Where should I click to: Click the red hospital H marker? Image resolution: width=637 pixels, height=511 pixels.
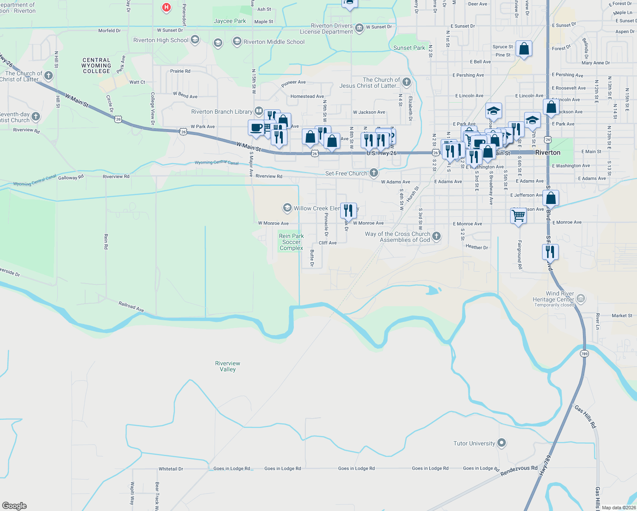coord(166,7)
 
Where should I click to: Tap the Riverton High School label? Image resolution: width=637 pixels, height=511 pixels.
coord(161,40)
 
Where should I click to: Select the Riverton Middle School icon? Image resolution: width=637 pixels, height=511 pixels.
coord(237,42)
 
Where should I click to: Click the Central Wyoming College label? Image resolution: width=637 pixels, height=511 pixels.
coord(96,66)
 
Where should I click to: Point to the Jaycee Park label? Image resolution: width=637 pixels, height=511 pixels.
coord(230,21)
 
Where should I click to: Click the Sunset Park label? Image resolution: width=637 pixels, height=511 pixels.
coord(409,48)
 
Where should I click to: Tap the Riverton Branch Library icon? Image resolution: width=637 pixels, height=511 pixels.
coord(258,112)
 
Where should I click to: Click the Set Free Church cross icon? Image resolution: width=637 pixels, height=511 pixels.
coord(374,172)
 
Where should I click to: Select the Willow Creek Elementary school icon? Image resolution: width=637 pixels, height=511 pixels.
coord(287,208)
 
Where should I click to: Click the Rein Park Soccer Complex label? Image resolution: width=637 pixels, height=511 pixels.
coord(291,242)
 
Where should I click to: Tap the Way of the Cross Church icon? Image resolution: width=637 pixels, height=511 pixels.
coord(436,236)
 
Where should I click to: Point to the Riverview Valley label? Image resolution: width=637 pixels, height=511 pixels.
coord(227,366)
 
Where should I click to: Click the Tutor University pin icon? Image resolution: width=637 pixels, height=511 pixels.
coord(502,443)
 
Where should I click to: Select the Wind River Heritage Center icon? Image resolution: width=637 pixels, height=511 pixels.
coord(581,299)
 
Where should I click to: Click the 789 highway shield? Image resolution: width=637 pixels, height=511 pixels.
coord(584,353)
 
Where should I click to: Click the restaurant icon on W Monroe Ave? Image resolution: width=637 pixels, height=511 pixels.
coord(348,210)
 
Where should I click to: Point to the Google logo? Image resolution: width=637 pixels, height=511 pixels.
coord(14,505)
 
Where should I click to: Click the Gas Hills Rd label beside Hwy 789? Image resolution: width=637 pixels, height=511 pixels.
coord(585,416)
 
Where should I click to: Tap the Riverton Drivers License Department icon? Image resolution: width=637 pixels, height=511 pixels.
coord(359,28)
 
